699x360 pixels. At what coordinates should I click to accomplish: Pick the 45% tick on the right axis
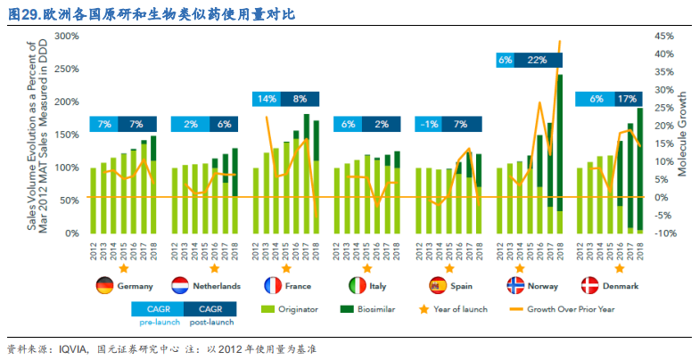667,36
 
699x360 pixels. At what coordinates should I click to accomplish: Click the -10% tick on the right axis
667,233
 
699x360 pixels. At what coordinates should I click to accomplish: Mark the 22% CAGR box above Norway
537,60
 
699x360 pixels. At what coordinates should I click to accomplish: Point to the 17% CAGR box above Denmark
627,100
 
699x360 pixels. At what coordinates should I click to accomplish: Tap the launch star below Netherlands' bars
215,266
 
